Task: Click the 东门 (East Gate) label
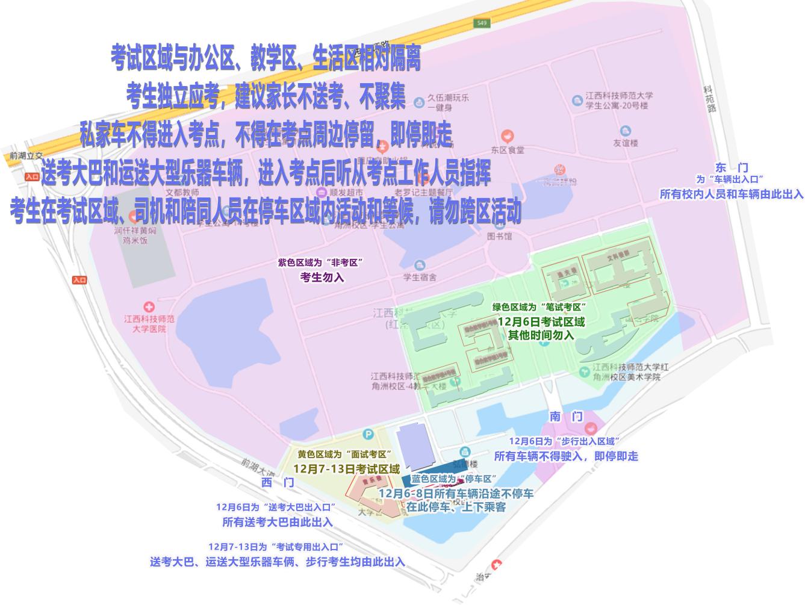[731, 168]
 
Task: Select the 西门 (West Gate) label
[278, 482]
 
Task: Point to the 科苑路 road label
[712, 99]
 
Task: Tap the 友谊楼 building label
[625, 143]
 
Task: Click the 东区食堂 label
[508, 150]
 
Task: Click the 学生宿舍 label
[420, 278]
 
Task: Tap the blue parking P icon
[369, 435]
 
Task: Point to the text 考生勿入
[322, 277]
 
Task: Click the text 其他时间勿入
[541, 335]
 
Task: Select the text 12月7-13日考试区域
[346, 468]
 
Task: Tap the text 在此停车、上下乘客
[455, 507]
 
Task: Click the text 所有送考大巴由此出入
[277, 522]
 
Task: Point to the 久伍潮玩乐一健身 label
[448, 102]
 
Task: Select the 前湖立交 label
[23, 156]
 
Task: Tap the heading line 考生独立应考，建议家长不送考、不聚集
[266, 97]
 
